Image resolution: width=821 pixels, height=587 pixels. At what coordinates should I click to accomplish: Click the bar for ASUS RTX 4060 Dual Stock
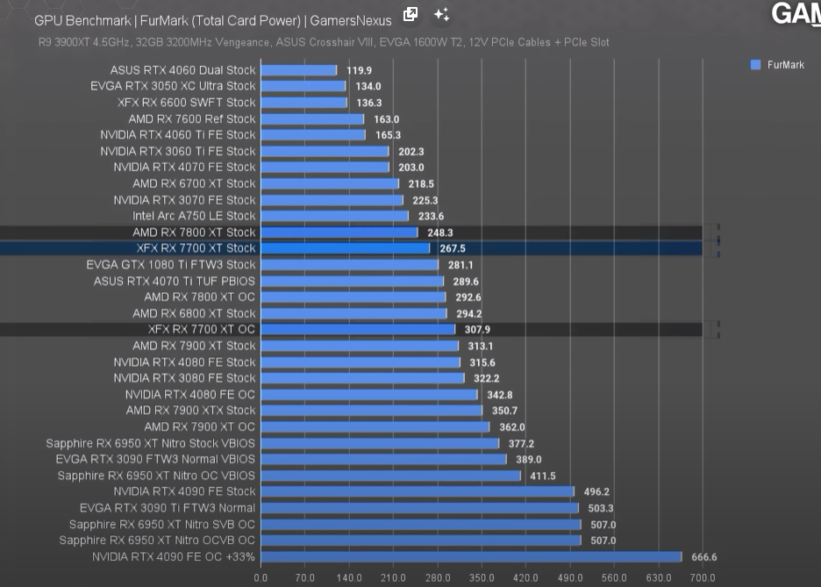click(298, 70)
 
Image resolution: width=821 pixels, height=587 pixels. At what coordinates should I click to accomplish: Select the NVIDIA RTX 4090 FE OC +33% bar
click(470, 557)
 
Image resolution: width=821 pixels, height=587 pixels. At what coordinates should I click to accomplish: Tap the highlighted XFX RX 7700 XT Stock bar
click(345, 248)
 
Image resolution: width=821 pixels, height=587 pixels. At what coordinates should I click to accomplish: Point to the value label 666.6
click(703, 557)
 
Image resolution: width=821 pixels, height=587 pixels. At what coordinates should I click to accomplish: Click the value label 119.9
click(359, 70)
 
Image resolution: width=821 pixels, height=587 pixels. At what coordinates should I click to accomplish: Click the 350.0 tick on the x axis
click(482, 578)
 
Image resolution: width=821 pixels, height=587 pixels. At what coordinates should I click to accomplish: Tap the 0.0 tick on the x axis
click(261, 578)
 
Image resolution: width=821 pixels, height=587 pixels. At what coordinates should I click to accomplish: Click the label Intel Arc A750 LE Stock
click(194, 216)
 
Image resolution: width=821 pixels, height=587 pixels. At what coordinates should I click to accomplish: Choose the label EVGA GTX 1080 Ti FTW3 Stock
click(171, 264)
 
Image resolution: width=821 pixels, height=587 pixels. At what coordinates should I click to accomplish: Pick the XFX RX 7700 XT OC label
click(202, 329)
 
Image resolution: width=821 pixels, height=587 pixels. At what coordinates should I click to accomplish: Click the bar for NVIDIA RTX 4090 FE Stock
click(417, 492)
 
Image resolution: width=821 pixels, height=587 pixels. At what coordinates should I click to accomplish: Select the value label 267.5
click(452, 248)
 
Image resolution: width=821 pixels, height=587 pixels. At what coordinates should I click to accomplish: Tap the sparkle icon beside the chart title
click(441, 15)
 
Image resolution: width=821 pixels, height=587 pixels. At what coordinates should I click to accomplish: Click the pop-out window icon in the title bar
click(410, 14)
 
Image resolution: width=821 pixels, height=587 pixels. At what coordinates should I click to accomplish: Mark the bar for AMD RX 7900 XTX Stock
click(371, 411)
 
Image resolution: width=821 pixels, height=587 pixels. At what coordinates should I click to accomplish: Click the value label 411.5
click(542, 476)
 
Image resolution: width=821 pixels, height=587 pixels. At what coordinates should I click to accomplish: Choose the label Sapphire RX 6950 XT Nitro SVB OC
click(162, 525)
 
